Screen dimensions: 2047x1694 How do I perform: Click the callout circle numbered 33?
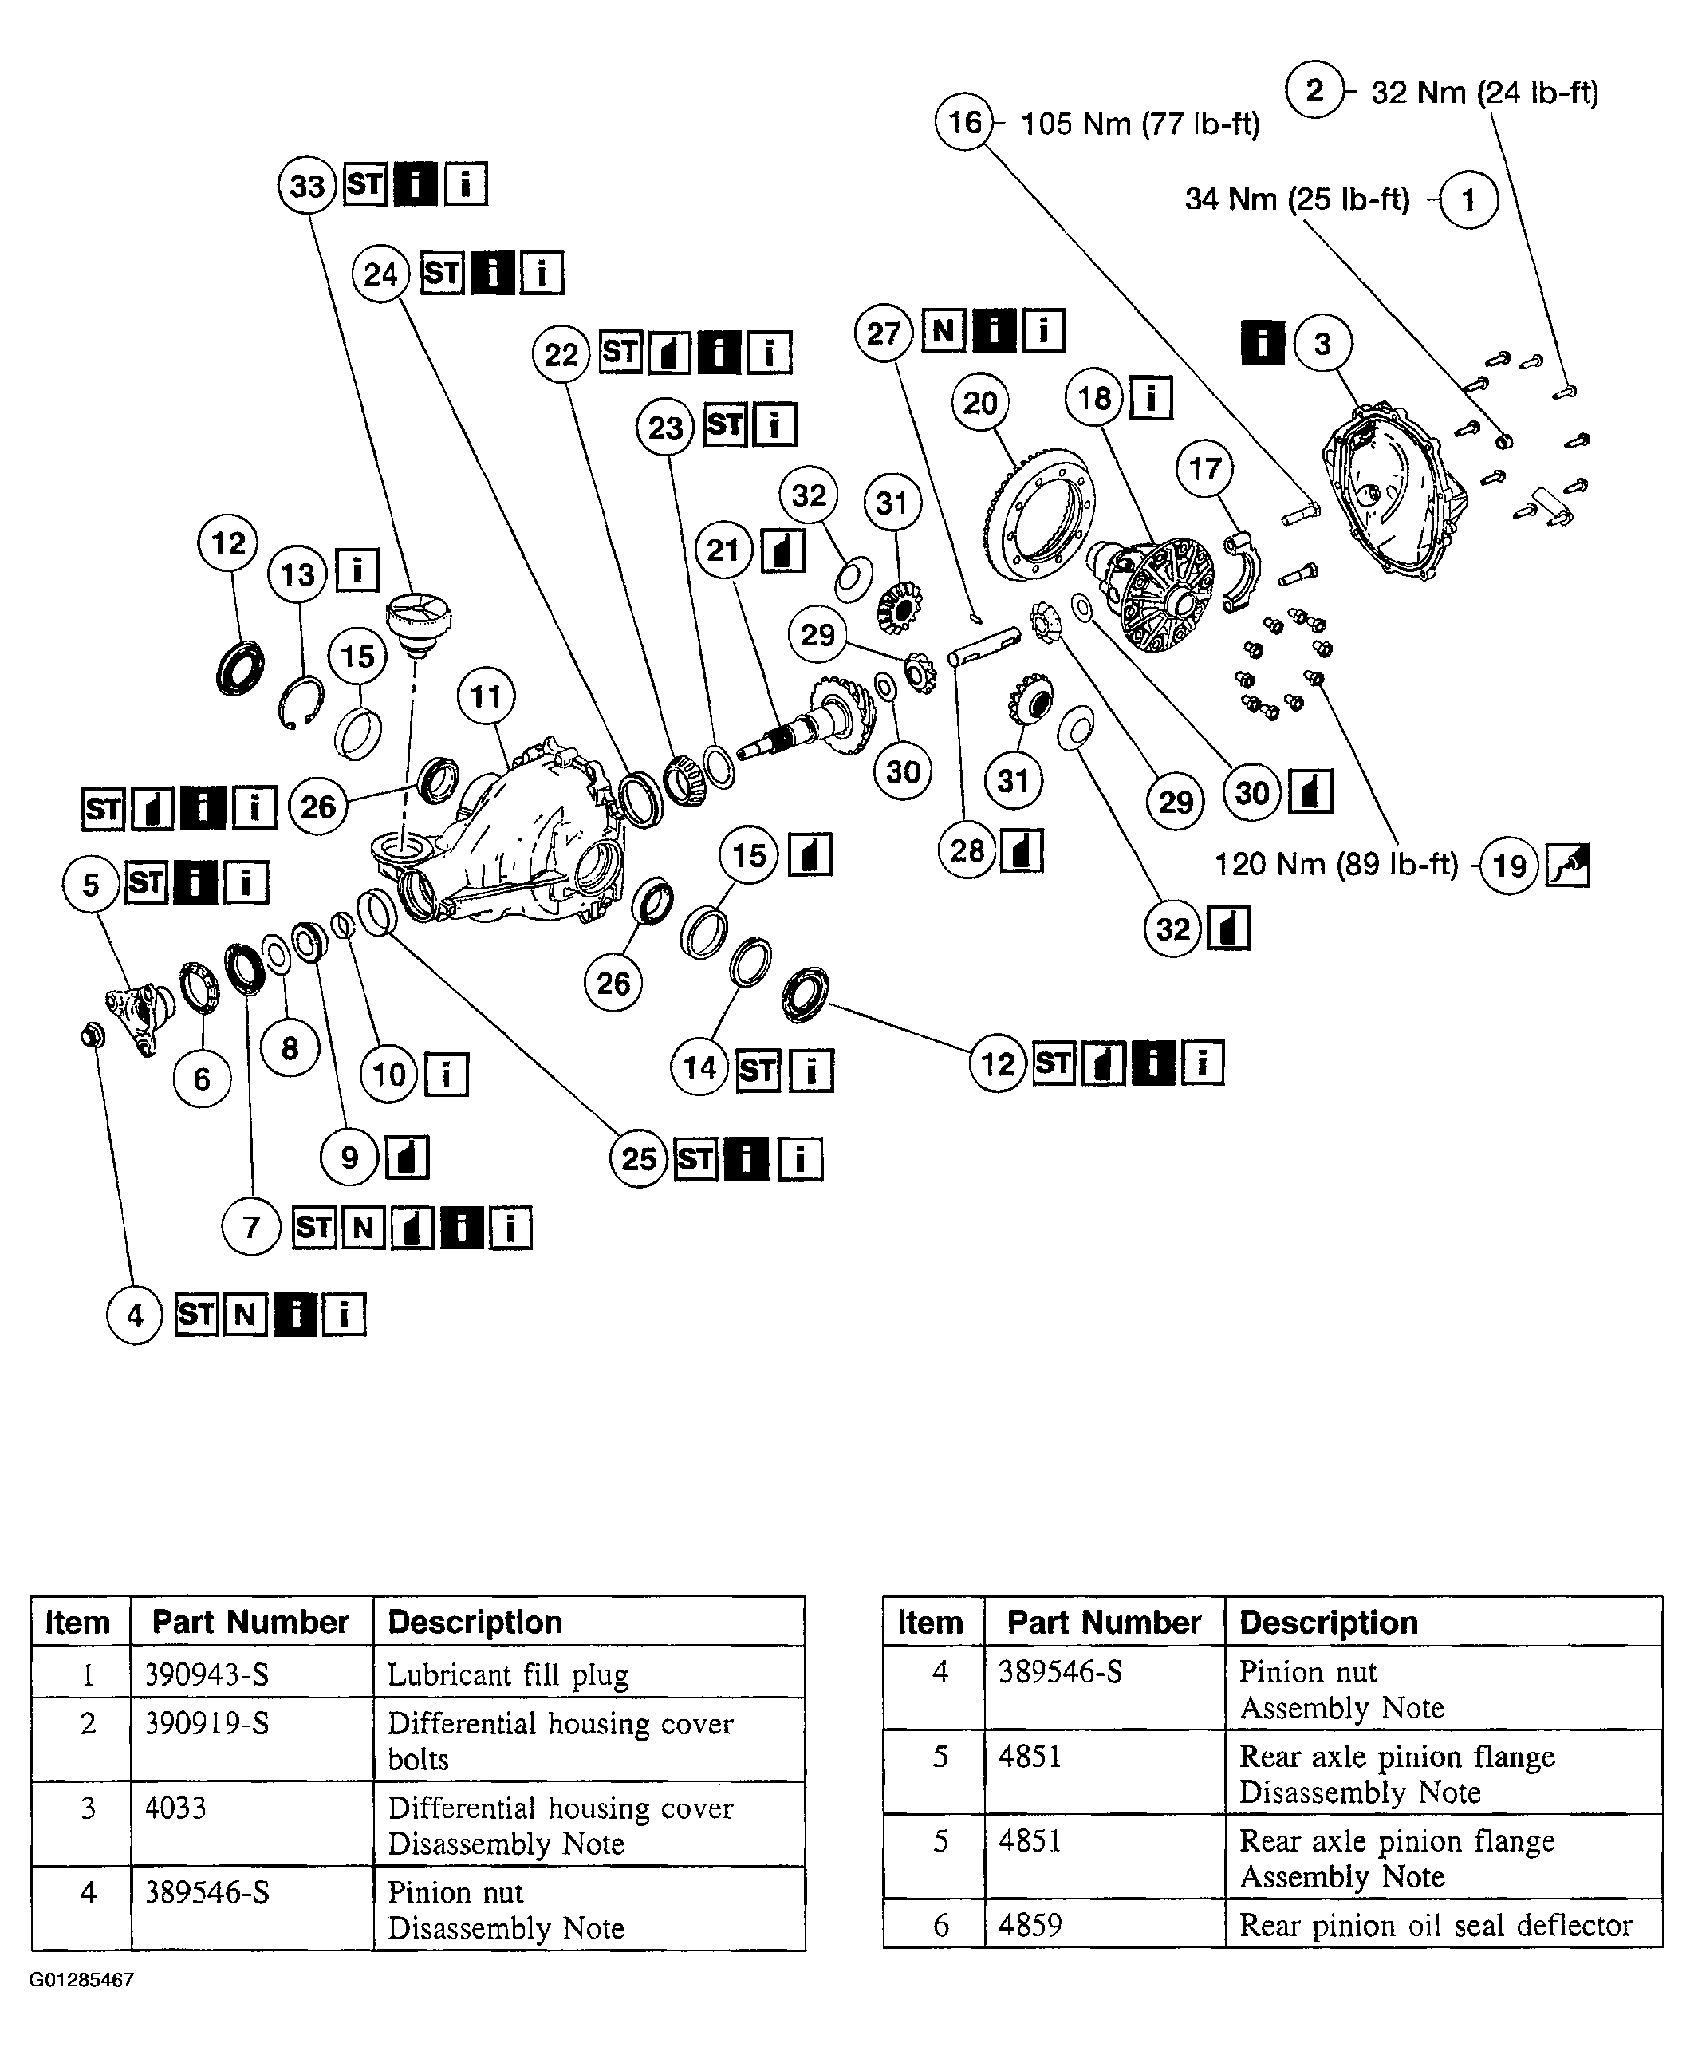pos(307,185)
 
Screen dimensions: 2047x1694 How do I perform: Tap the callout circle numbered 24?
pos(380,274)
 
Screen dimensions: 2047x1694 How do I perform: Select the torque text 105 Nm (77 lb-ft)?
pos(1140,124)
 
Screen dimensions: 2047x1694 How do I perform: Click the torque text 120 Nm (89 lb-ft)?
pos(1335,864)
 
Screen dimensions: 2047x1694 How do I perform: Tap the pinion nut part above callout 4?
pos(93,1034)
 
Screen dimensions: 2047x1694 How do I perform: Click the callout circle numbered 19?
pos(1509,865)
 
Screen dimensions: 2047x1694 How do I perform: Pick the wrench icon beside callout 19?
pos(1567,865)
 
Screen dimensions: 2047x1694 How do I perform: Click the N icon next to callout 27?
pos(943,330)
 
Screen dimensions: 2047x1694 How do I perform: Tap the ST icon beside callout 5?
pos(146,883)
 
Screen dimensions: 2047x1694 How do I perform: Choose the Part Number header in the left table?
pos(250,1622)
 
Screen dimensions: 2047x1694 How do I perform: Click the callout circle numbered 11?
pos(486,696)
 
